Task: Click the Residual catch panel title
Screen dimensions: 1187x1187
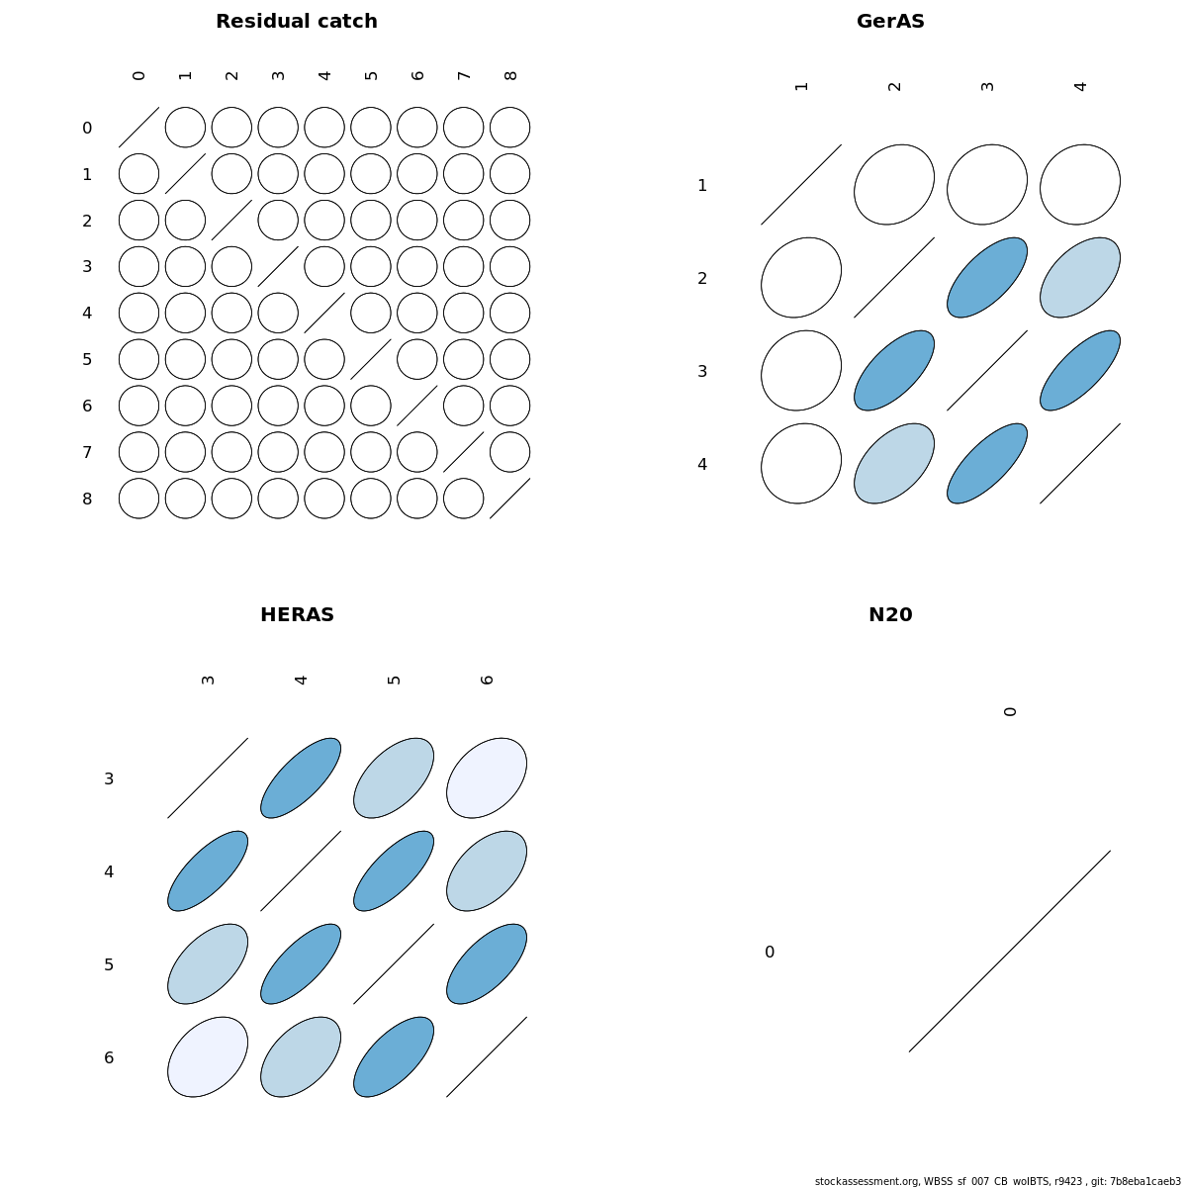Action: pyautogui.click(x=297, y=22)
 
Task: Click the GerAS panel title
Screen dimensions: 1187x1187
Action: pyautogui.click(x=890, y=22)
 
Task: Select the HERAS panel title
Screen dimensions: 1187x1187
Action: pyautogui.click(x=297, y=614)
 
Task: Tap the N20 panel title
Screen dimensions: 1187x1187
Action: pyautogui.click(x=890, y=614)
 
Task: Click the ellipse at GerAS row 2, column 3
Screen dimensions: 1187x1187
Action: pyautogui.click(x=987, y=277)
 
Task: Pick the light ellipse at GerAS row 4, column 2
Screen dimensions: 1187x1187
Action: pyautogui.click(x=894, y=463)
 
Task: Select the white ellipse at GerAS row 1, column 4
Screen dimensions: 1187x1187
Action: pyautogui.click(x=1080, y=184)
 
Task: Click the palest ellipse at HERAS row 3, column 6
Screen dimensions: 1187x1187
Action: pyautogui.click(x=487, y=778)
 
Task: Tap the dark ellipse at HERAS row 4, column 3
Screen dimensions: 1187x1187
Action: pyautogui.click(x=208, y=871)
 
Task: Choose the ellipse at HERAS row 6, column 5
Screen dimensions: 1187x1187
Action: pyautogui.click(x=394, y=1057)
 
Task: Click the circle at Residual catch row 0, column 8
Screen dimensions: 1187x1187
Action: pyautogui.click(x=510, y=128)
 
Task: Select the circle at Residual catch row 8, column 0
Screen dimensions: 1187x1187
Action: pyautogui.click(x=138, y=499)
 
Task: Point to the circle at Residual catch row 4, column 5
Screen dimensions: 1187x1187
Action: pyautogui.click(x=371, y=313)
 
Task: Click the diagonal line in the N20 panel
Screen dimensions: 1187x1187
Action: pyautogui.click(x=1010, y=951)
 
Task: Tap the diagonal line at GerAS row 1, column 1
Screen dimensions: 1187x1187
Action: pyautogui.click(x=801, y=184)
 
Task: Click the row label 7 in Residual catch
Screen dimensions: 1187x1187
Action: pyautogui.click(x=87, y=453)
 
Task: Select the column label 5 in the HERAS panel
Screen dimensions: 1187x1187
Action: pyautogui.click(x=395, y=680)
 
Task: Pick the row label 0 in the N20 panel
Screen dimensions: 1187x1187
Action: pyautogui.click(x=770, y=952)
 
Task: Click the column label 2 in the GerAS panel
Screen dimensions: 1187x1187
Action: pyautogui.click(x=895, y=86)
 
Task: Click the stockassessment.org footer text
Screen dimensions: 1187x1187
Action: pyautogui.click(x=997, y=1181)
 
